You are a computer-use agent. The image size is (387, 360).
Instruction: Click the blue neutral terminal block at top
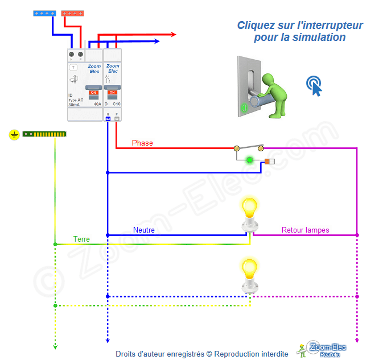(x=44, y=13)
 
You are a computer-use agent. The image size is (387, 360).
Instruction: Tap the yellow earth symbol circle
(x=14, y=135)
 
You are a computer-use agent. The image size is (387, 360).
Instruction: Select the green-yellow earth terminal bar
(x=44, y=134)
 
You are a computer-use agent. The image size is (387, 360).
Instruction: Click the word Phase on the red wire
(x=142, y=143)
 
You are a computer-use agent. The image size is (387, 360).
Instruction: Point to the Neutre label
(x=144, y=230)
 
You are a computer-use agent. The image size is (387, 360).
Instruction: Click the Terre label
(x=81, y=239)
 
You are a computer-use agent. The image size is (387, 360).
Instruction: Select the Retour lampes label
(x=305, y=230)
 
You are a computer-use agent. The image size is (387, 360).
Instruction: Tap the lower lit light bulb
(x=249, y=268)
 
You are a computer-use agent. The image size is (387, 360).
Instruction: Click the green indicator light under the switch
(x=249, y=160)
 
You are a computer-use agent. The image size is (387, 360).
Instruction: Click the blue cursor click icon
(x=314, y=85)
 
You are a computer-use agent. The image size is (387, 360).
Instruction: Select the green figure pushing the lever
(x=273, y=94)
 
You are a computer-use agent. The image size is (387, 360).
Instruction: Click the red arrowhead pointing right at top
(x=172, y=35)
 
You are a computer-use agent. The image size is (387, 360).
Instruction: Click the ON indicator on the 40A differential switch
(x=93, y=92)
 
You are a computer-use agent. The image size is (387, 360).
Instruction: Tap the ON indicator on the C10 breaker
(x=112, y=92)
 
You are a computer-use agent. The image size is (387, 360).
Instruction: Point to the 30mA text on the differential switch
(x=74, y=105)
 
